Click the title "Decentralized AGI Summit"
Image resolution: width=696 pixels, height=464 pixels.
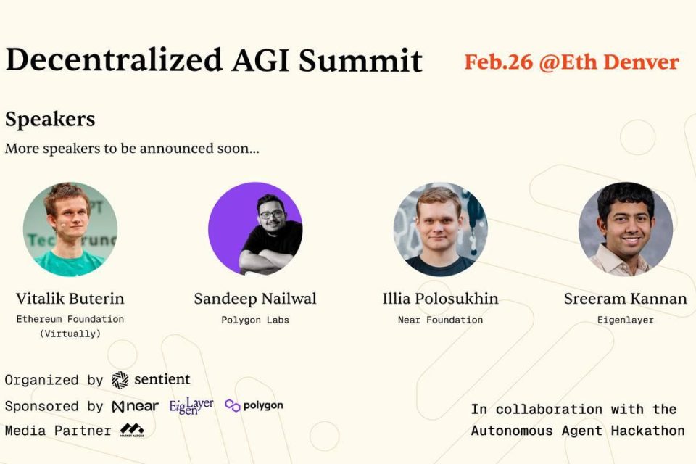pos(213,61)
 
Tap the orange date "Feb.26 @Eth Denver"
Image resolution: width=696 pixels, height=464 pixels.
pos(571,62)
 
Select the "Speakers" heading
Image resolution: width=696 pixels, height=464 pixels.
pos(50,119)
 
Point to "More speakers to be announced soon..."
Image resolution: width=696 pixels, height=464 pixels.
pos(132,149)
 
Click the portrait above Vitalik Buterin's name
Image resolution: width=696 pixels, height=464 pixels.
pos(70,229)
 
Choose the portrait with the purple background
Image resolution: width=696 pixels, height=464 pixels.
pos(255,229)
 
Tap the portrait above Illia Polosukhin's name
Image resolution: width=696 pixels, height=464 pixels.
pos(440,229)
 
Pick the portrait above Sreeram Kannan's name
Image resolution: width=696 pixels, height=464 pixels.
pos(625,229)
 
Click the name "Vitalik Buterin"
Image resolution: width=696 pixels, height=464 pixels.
pos(70,299)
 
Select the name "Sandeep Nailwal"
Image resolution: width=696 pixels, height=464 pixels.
pos(255,299)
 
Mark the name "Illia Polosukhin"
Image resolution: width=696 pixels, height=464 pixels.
pos(440,299)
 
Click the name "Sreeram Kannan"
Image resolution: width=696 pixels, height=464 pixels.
pos(625,299)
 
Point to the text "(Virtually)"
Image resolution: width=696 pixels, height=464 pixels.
pos(70,333)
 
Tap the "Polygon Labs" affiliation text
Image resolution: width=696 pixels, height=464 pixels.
pos(255,320)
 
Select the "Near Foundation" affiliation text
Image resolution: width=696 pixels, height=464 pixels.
pos(440,320)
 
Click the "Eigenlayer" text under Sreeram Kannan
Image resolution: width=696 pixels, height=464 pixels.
pos(625,320)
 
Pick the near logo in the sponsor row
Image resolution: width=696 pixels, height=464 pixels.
pos(135,406)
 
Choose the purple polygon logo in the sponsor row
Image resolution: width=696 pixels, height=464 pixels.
pos(254,405)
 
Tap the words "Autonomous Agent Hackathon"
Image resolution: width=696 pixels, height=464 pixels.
pos(578,431)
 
